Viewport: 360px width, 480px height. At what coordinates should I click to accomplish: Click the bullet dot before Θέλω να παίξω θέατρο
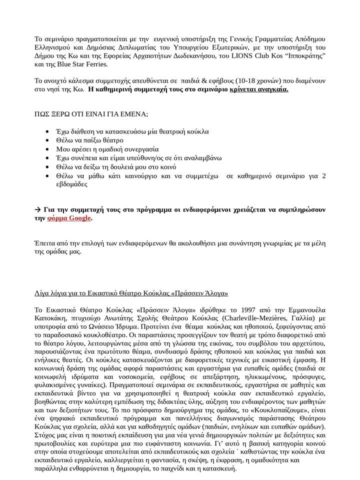47,140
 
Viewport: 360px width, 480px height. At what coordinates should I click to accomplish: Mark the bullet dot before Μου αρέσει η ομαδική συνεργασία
47,149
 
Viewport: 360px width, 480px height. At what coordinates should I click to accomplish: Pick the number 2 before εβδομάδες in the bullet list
324,175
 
